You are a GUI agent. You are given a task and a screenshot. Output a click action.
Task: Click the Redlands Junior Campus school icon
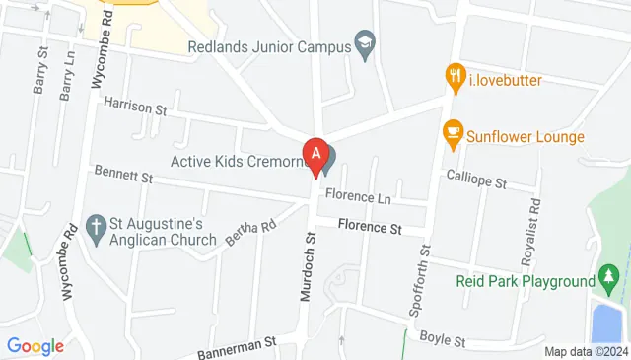365,43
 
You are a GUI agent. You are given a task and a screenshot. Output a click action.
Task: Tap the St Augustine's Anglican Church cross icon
96,227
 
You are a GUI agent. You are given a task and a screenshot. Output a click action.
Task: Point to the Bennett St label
123,175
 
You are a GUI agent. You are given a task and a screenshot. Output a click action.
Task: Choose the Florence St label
370,228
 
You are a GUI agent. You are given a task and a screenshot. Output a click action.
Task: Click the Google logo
35,346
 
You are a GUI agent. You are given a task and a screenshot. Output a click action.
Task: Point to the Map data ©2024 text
585,351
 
